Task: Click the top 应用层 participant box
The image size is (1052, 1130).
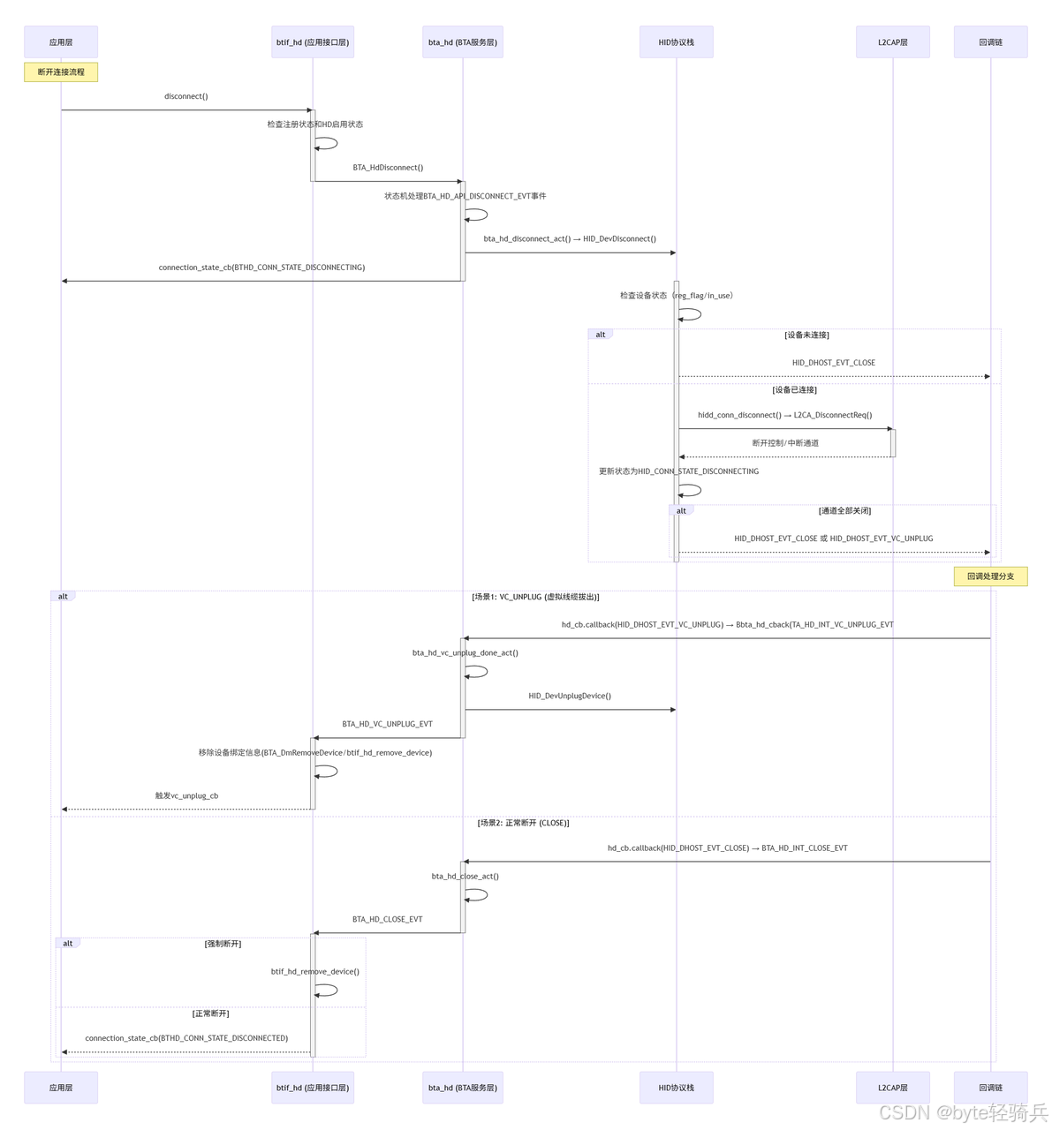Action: (x=61, y=42)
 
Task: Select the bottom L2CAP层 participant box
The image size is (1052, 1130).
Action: (x=892, y=1088)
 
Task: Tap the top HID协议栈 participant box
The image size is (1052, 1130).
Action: (x=676, y=42)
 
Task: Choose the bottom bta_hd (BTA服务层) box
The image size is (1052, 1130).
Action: (x=462, y=1088)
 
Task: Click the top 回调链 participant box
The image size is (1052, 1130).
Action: (x=990, y=42)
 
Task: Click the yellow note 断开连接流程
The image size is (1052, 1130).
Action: (x=61, y=72)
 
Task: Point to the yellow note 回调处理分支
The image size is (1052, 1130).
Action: (x=990, y=576)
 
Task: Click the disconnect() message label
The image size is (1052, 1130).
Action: (x=185, y=96)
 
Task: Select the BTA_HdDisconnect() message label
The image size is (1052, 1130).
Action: (x=388, y=168)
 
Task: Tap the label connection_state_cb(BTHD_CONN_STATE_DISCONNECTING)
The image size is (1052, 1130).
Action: (x=261, y=267)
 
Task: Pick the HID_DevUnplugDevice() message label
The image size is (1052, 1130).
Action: (x=570, y=696)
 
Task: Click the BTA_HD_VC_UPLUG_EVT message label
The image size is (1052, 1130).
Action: (x=387, y=724)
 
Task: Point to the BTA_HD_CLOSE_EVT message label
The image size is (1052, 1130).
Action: (x=387, y=919)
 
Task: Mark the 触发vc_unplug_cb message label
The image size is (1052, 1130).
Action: (x=186, y=795)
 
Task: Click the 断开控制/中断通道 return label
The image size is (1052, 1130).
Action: (x=785, y=443)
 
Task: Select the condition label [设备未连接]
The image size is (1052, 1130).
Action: (x=806, y=335)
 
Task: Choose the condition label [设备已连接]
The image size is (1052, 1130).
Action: (x=794, y=390)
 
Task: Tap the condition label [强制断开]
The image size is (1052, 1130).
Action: (x=223, y=944)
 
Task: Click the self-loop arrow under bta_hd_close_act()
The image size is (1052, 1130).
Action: (x=477, y=895)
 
